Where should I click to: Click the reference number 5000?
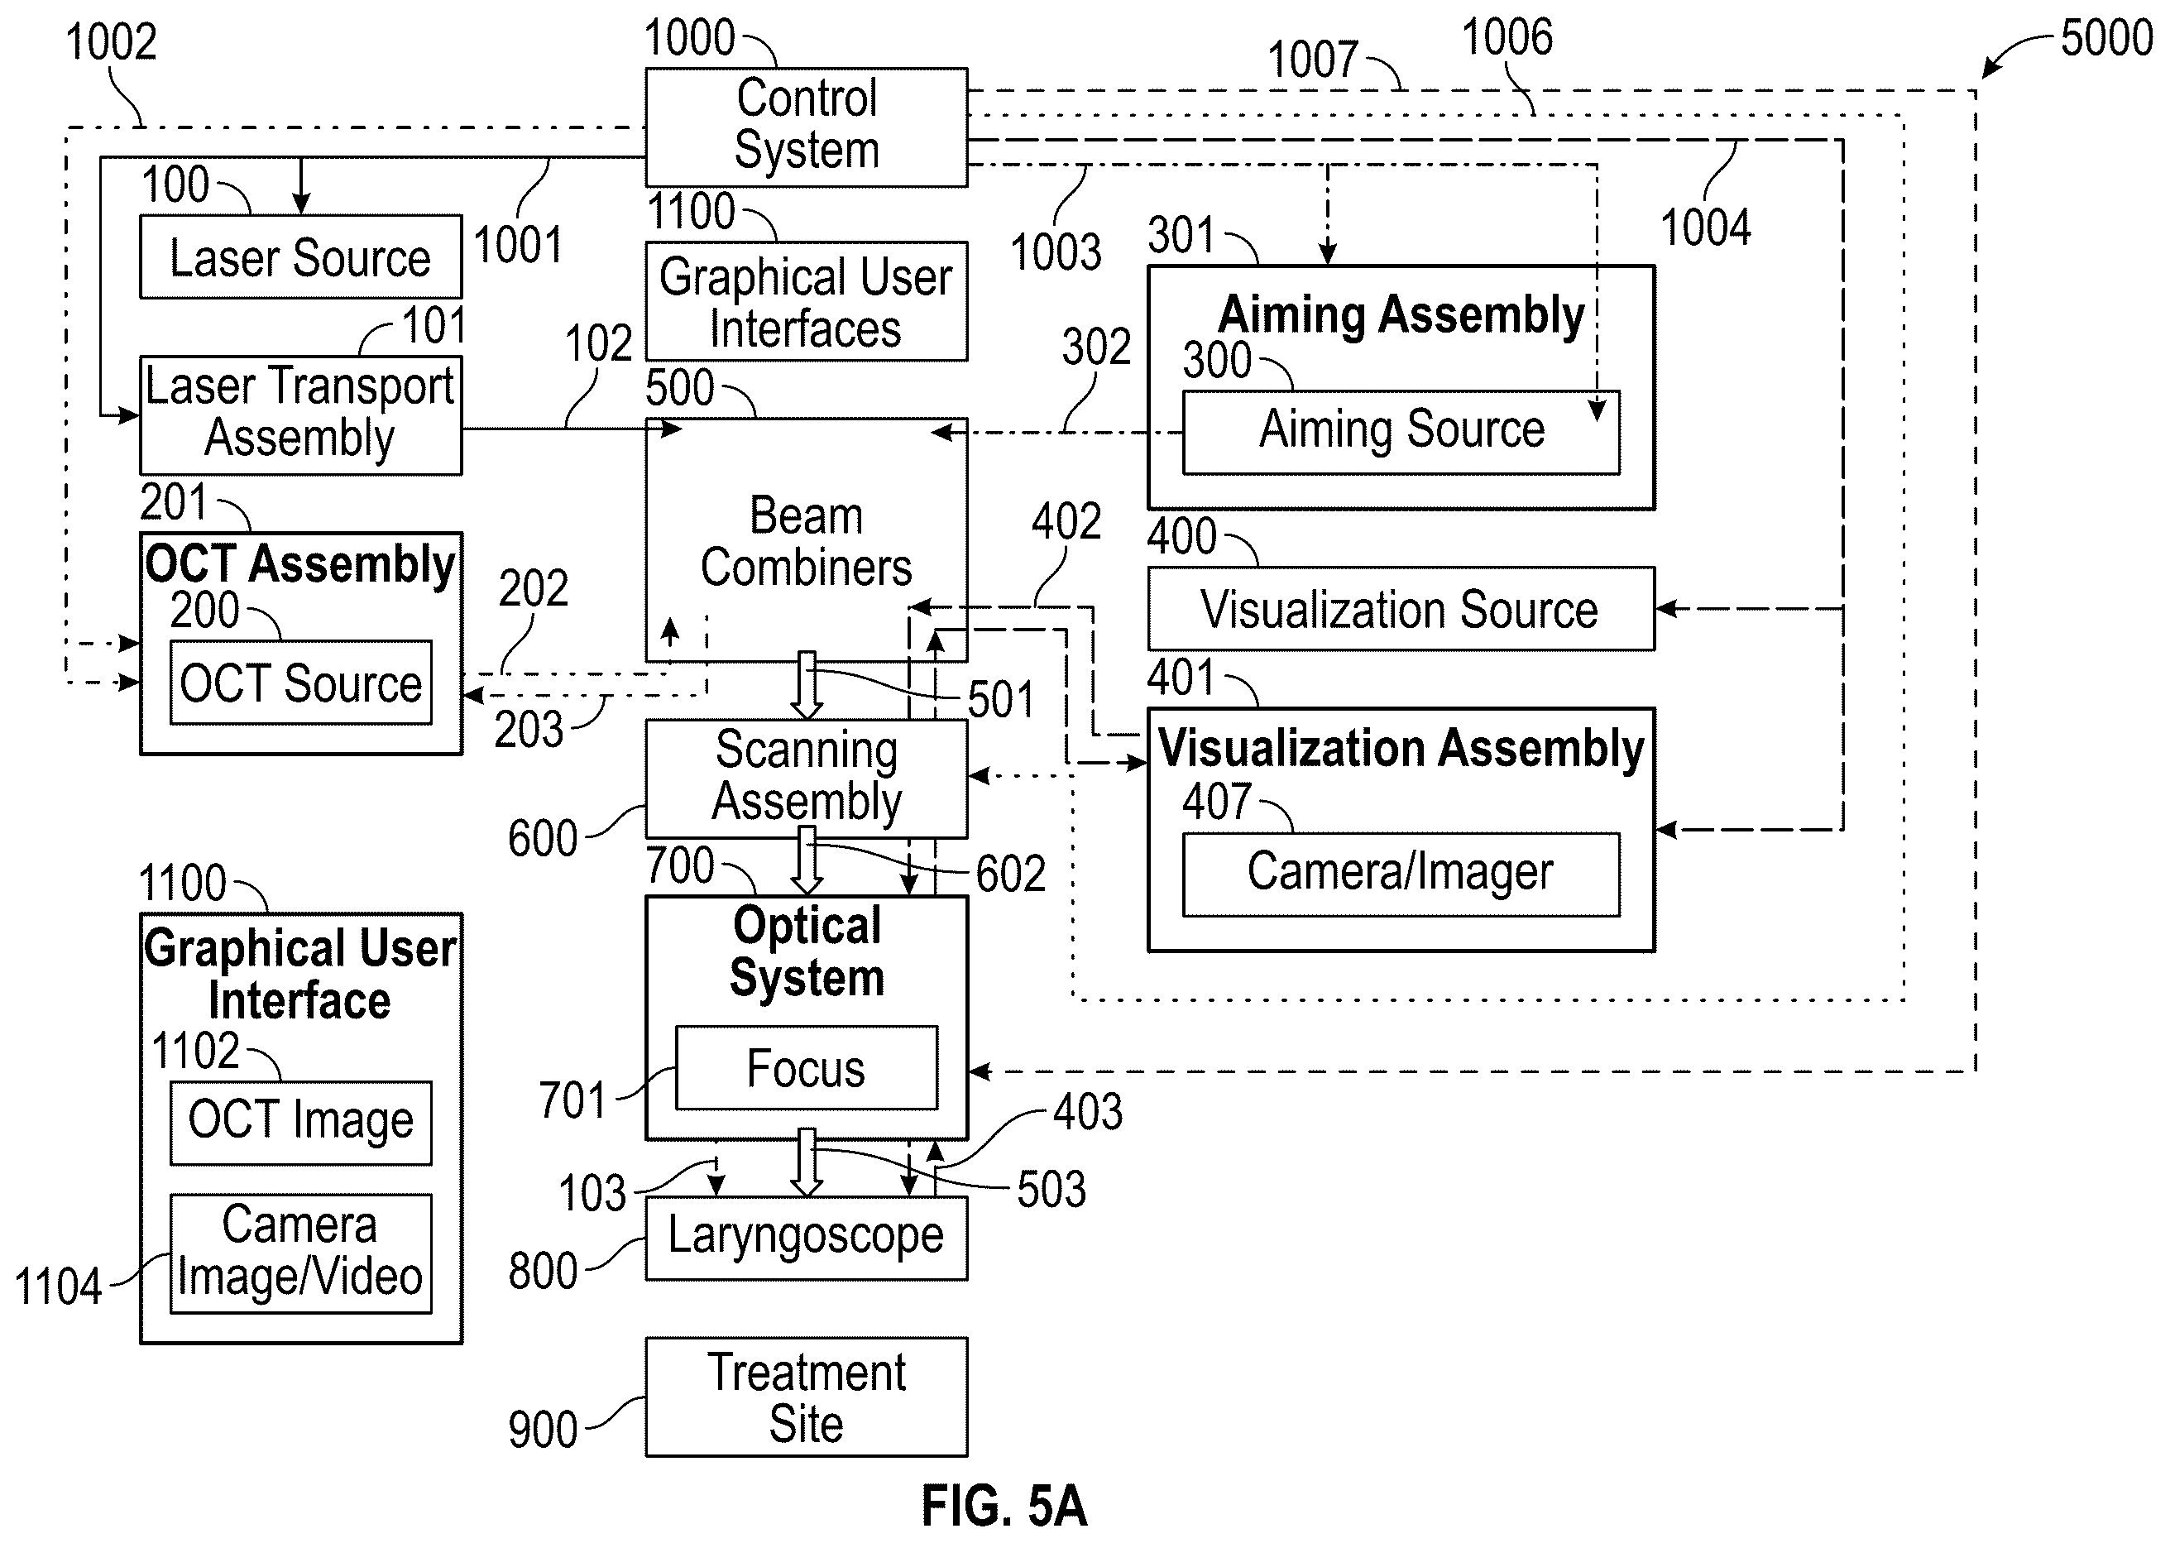point(2106,38)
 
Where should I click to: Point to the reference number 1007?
point(1313,60)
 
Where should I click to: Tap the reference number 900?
point(543,1429)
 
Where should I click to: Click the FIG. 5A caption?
point(1004,1506)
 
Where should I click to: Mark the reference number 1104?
point(58,1287)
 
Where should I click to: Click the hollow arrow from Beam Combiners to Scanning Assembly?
point(807,685)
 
